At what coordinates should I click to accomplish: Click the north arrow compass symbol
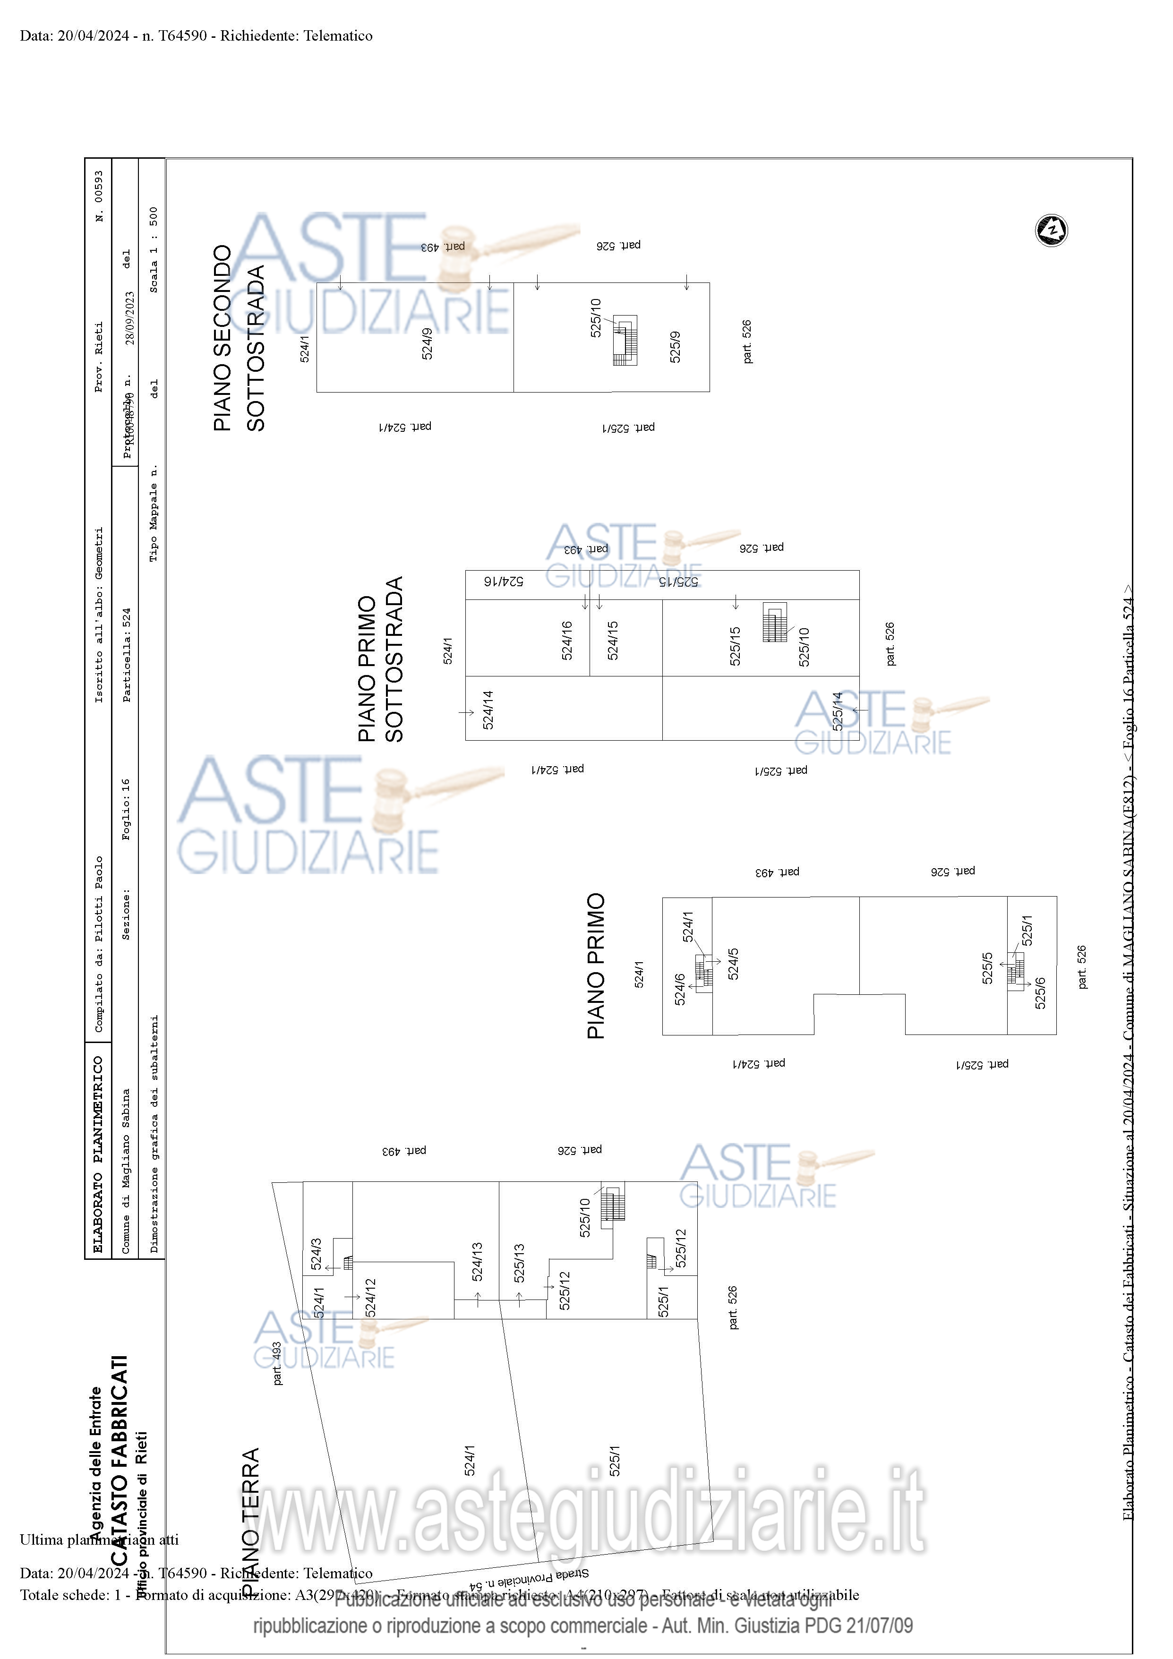[x=1052, y=231]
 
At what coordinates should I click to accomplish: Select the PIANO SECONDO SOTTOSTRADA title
[x=239, y=338]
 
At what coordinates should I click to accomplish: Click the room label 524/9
[x=427, y=344]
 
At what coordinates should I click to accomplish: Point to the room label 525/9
[x=675, y=347]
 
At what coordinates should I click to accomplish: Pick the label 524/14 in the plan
[x=488, y=710]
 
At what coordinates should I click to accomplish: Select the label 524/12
[x=370, y=1298]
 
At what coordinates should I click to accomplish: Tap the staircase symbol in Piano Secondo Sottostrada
[x=626, y=340]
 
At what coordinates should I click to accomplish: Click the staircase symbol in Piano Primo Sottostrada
[x=775, y=623]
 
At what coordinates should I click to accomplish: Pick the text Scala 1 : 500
[x=153, y=250]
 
